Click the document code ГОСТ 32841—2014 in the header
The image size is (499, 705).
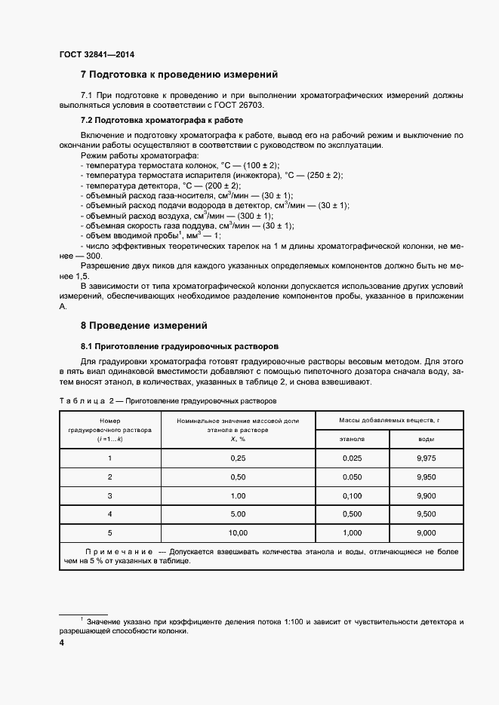(97, 54)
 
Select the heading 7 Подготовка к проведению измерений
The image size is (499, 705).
(180, 75)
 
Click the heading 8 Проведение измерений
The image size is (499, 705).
(143, 326)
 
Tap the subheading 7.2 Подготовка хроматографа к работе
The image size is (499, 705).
(162, 120)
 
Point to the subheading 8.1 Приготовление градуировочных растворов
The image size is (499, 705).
(180, 346)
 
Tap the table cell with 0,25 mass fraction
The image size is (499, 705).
(238, 458)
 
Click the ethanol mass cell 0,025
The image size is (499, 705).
(353, 458)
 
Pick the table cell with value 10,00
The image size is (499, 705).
(238, 533)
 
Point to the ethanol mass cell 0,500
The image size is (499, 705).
(353, 514)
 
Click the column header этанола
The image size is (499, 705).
(353, 438)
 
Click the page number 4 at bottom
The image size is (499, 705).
(61, 643)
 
